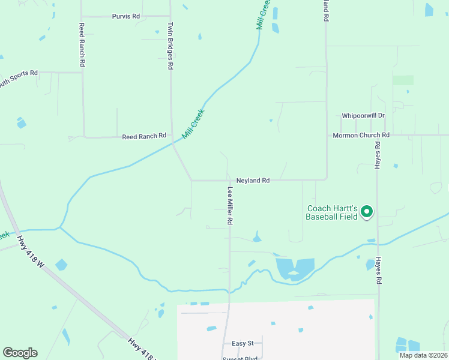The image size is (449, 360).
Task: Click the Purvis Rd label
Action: [126, 16]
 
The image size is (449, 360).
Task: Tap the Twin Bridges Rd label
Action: [170, 47]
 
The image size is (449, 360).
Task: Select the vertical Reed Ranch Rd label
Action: [82, 45]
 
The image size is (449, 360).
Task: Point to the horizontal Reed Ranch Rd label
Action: [144, 137]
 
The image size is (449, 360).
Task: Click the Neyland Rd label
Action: [253, 180]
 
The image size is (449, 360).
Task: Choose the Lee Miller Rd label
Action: [230, 205]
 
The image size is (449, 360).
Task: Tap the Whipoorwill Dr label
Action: [363, 115]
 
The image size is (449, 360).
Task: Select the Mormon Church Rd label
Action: [361, 136]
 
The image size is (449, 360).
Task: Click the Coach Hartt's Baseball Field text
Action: [331, 212]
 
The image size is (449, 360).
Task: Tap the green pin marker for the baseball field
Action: [367, 212]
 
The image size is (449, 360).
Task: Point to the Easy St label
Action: [243, 343]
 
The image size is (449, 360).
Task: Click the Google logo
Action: [20, 353]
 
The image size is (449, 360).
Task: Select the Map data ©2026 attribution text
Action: [423, 355]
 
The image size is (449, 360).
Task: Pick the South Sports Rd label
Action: [18, 76]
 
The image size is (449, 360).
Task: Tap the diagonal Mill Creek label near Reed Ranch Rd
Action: [193, 124]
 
